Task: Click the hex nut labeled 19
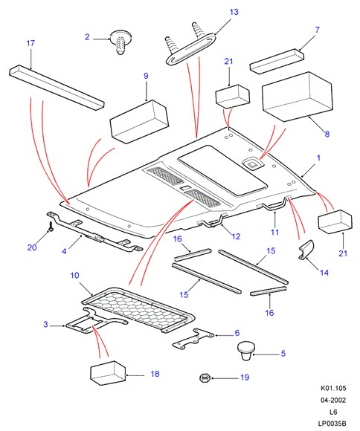click(205, 378)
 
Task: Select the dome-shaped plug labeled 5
click(246, 351)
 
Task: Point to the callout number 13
click(234, 12)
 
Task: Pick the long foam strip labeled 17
click(57, 88)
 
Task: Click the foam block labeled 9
click(139, 121)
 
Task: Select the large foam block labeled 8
click(296, 97)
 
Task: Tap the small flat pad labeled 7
click(277, 61)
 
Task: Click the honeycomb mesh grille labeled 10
click(138, 310)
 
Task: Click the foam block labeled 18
click(108, 373)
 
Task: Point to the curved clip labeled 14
click(306, 250)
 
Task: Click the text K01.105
click(333, 388)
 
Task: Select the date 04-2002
click(333, 401)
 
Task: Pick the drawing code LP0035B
click(332, 424)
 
